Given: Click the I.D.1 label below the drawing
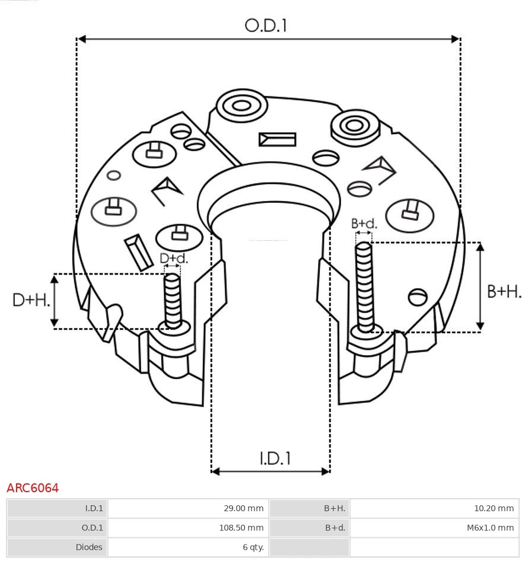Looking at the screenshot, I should click(x=275, y=458).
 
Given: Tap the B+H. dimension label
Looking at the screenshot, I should click(x=504, y=291).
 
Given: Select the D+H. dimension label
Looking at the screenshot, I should click(x=31, y=300).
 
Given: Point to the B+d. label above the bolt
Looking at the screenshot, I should click(x=364, y=224).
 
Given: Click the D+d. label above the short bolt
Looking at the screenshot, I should click(x=173, y=259).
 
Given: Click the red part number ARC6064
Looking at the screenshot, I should click(x=33, y=488).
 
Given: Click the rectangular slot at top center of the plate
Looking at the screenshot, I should click(x=277, y=140).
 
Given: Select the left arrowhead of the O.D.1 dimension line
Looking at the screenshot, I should click(x=82, y=39).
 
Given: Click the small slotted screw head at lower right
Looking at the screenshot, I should click(x=418, y=296).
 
